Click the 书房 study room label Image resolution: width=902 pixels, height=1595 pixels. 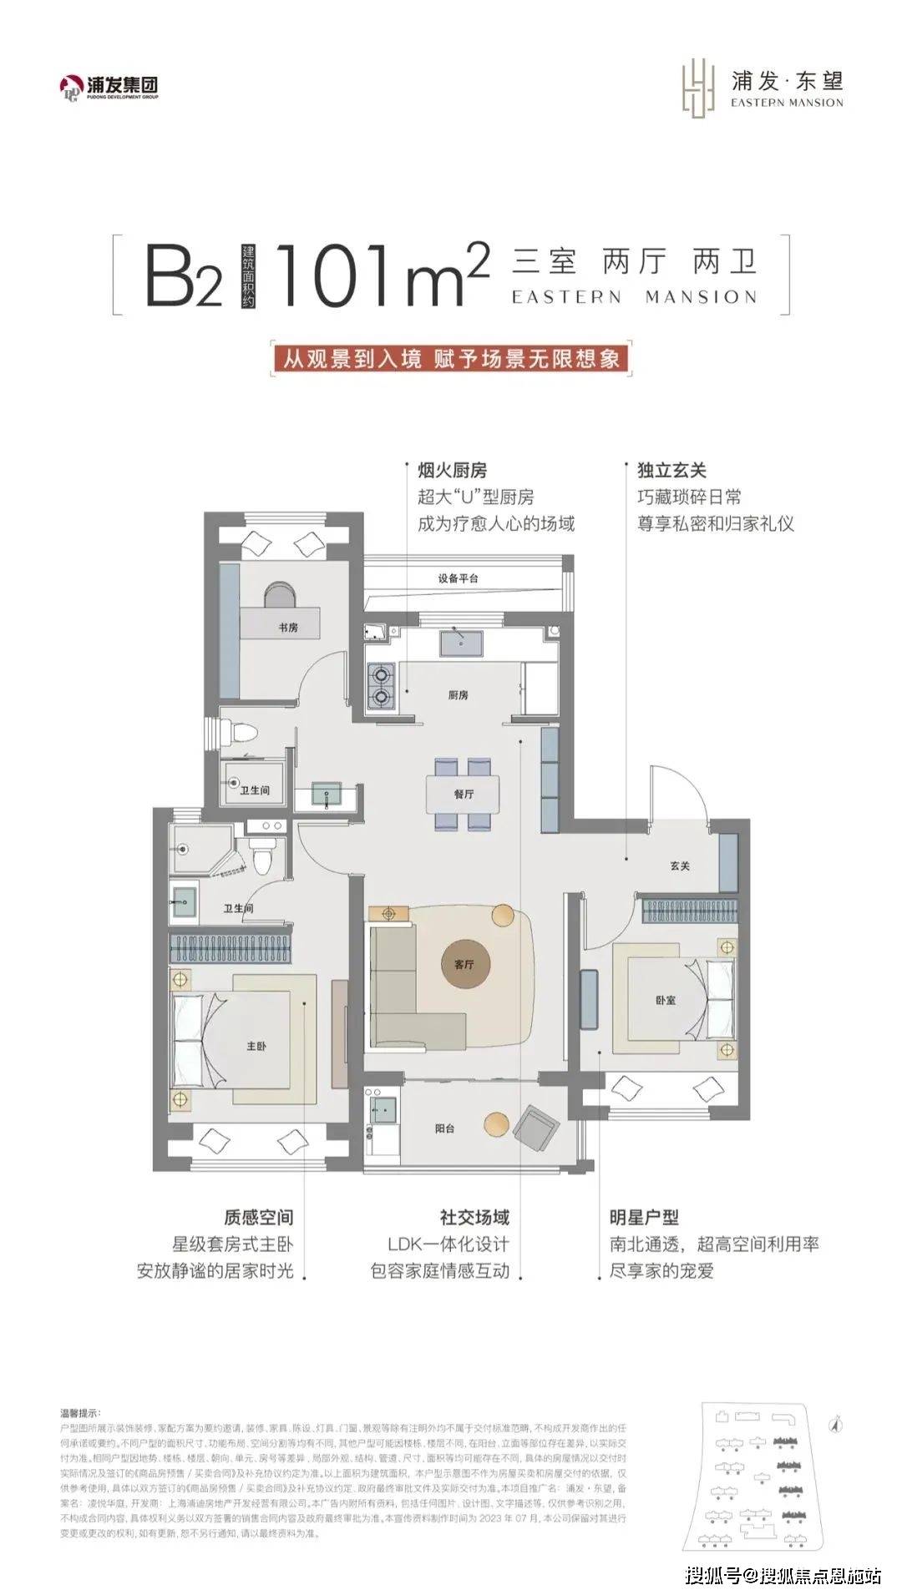(287, 628)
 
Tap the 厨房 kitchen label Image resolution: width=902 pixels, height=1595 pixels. (457, 695)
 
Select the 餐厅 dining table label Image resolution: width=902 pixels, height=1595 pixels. (464, 795)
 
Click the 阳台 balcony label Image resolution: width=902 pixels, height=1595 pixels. (444, 1128)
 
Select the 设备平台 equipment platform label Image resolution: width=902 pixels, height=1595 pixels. (459, 578)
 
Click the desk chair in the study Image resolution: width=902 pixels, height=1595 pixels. (280, 594)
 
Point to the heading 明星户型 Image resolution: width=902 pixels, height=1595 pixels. (643, 1218)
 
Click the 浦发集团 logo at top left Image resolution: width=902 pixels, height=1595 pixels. (109, 87)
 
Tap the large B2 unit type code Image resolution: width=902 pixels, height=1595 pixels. (184, 275)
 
